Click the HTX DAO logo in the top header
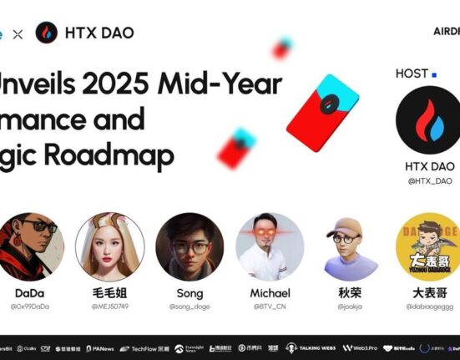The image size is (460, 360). (x=47, y=33)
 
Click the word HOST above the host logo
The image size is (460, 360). (x=412, y=74)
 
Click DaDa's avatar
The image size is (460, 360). (x=29, y=246)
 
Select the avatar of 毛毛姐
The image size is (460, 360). (x=109, y=246)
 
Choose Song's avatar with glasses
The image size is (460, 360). (x=190, y=246)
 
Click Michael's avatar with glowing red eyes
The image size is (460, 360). (x=270, y=246)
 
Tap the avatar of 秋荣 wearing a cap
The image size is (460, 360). (x=350, y=246)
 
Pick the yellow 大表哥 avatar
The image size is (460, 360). (x=429, y=246)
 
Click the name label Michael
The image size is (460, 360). (x=270, y=293)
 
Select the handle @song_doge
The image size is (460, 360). (x=190, y=307)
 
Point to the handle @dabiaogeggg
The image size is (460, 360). (x=429, y=307)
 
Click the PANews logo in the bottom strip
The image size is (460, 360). (x=99, y=348)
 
